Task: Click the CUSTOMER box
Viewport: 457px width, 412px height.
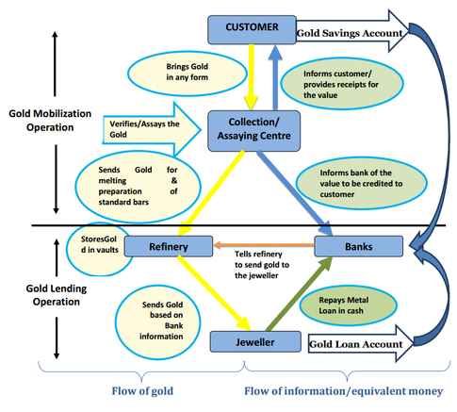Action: pos(245,26)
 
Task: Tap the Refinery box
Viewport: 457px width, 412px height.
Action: pos(170,248)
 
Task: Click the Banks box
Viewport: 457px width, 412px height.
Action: pos(357,248)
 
